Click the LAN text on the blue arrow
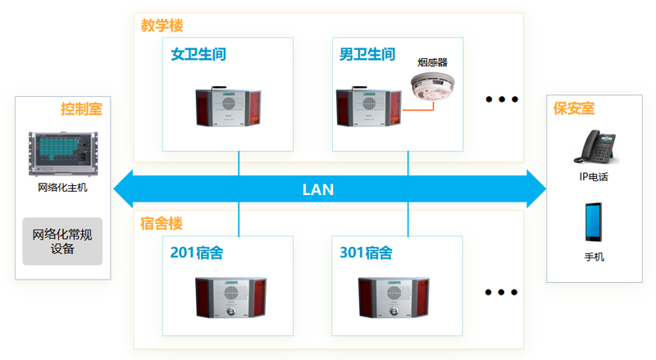coord(318,189)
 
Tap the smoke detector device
coord(432,87)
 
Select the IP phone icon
coord(596,147)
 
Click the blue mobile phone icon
coord(594,222)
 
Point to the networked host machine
coord(63,153)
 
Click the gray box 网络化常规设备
coord(62,241)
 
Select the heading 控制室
coord(81,109)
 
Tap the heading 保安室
coord(574,108)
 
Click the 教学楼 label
coord(162,25)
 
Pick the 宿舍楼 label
coord(161,224)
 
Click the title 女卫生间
coord(198,54)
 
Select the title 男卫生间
coord(367,54)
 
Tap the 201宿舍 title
coord(197,253)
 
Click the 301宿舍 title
coord(366,253)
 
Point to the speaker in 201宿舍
coord(230,298)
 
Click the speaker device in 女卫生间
coord(229,107)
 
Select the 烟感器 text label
coord(433,63)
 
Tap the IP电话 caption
coord(594,177)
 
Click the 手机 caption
coord(594,257)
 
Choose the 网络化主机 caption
coord(63,188)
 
